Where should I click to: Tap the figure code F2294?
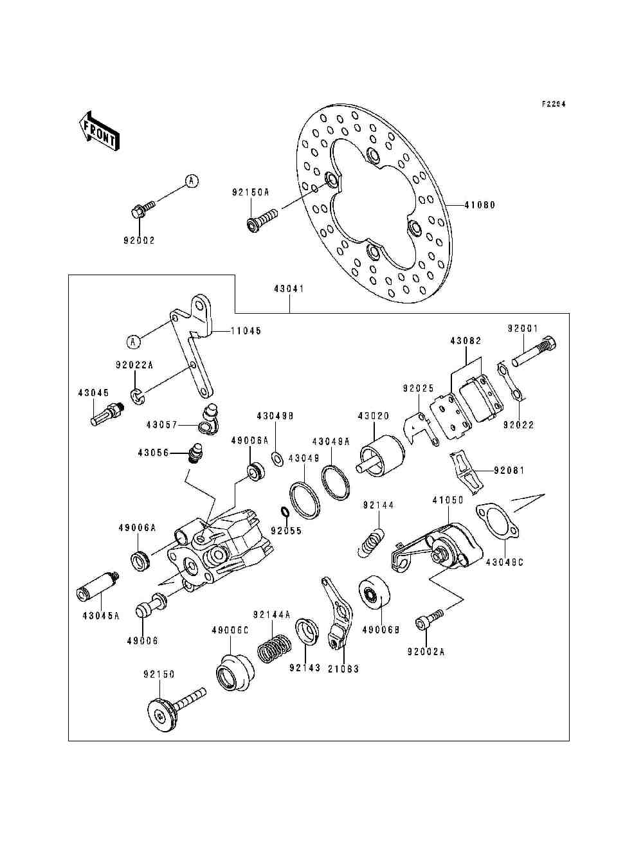pos(553,104)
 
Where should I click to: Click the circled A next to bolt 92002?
pos(191,181)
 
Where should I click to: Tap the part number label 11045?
pos(246,331)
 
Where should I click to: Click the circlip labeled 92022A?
pos(137,397)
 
